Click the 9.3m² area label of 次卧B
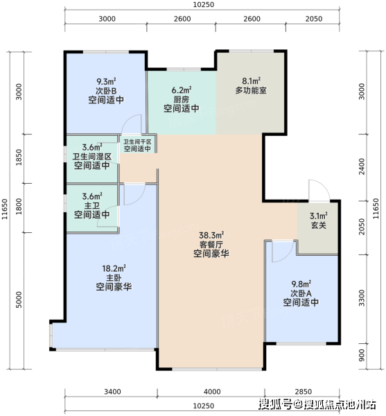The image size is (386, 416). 106,81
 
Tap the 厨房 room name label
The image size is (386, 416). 182,99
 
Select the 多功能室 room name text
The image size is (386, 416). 251,90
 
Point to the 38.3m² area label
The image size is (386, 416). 211,235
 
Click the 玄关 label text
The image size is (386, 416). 318,225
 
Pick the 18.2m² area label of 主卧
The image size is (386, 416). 114,268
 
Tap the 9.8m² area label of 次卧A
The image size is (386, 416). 301,284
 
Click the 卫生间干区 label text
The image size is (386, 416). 137,142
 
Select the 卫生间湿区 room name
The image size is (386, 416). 92,157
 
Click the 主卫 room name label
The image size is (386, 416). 92,206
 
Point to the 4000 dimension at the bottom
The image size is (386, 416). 212,392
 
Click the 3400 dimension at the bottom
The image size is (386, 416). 112,392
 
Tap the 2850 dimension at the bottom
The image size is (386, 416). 304,392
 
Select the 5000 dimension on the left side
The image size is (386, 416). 19,300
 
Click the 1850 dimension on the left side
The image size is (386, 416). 19,157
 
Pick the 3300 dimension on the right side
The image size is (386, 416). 362,297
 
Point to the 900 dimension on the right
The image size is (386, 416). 362,355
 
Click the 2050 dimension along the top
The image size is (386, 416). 314,19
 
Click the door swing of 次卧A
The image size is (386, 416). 290,255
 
